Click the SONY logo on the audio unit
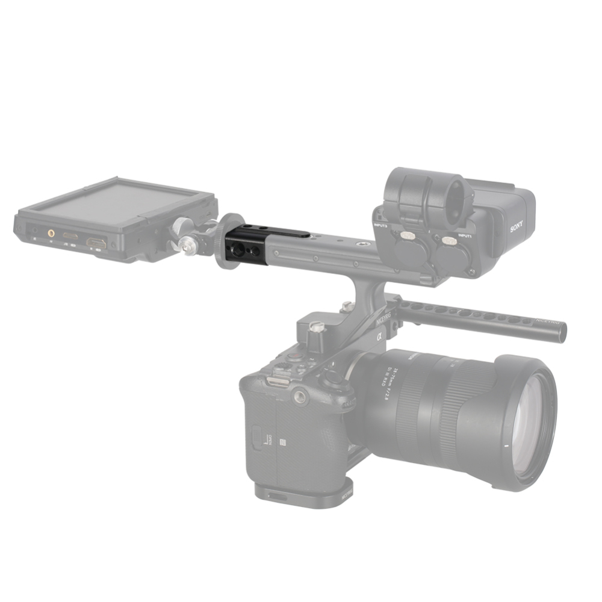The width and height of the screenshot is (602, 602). pos(516,228)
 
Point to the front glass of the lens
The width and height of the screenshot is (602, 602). pos(533,421)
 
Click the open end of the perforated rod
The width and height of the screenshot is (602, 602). pos(561,332)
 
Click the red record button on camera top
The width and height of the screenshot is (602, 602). pos(295,356)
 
